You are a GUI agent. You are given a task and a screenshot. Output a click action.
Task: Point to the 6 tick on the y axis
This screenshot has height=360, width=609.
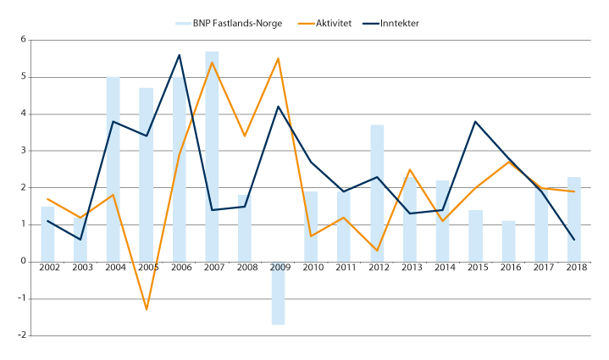coord(22,40)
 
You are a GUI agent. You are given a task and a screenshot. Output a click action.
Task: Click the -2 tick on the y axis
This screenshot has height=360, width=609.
coord(21,335)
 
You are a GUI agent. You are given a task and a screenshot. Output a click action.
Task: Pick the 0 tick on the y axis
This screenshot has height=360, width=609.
coord(22,262)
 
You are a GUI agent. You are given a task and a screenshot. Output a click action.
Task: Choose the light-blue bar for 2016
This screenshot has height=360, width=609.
coord(508,241)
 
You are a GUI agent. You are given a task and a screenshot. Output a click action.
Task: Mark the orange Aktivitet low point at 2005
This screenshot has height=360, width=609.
coord(147,309)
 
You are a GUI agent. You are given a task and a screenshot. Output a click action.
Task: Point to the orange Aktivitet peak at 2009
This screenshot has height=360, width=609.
coord(278,58)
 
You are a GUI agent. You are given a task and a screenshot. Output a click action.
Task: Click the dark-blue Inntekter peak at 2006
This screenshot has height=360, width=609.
coord(179,55)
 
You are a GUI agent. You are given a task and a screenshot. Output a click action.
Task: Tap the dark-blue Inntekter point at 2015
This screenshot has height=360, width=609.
coord(475,121)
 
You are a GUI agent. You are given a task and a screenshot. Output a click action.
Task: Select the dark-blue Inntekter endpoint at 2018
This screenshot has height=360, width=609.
coord(574,240)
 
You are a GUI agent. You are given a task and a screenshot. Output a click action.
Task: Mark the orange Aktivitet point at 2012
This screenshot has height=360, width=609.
coord(377,251)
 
